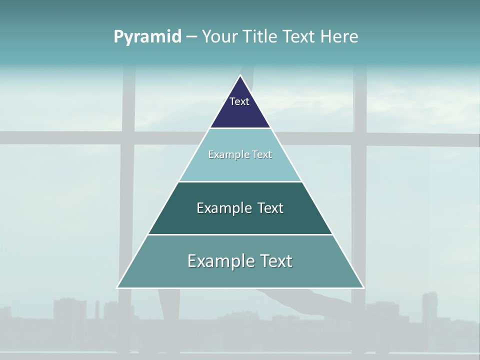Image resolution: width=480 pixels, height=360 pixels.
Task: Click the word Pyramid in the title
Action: pos(147,37)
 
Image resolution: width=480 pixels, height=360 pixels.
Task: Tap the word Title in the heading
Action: pos(260,36)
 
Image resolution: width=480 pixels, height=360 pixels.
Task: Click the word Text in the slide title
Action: pos(299,36)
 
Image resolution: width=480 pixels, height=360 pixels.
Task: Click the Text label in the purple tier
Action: pos(239,101)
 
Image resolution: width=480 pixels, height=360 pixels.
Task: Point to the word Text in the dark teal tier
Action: pos(270,208)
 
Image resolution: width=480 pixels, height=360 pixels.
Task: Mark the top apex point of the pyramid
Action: pos(240,75)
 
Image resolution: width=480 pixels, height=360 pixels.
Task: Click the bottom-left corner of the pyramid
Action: pos(117,287)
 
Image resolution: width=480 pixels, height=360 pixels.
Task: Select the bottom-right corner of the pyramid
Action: pos(363,287)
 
